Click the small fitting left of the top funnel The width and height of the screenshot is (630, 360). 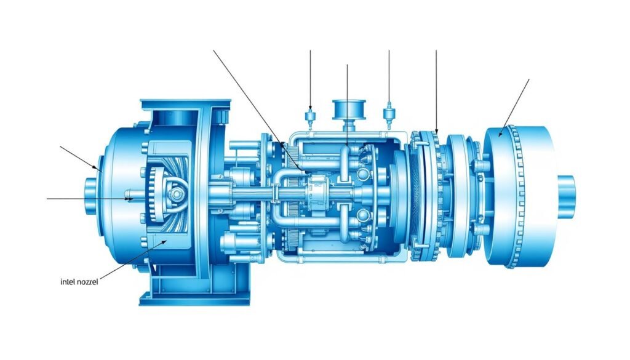pos(310,115)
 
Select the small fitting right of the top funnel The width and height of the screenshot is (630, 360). pos(388,114)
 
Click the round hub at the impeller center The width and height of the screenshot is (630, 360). pos(177,194)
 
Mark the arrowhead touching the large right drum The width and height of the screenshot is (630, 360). pos(501,134)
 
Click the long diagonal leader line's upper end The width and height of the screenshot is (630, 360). pos(213,50)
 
